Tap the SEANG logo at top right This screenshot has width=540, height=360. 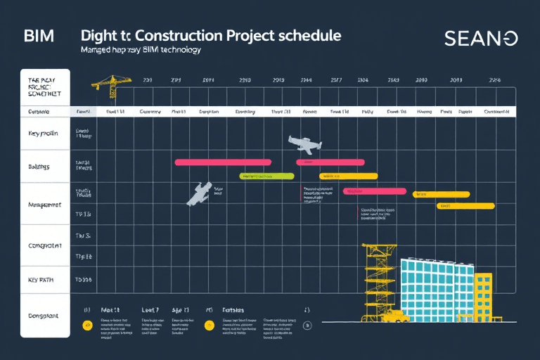pos(481,39)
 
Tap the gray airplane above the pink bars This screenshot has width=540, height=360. pos(304,143)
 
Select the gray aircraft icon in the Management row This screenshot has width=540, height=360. pos(199,193)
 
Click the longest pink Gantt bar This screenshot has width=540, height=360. pos(223,162)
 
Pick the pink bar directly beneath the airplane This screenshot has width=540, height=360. pos(330,162)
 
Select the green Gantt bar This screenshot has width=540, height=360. pos(266,176)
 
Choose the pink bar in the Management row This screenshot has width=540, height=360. pos(374,191)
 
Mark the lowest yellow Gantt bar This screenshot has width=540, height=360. pos(465,206)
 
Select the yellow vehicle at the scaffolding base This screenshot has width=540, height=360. pos(396,316)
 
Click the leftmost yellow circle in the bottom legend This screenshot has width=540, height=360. pos(87,326)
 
